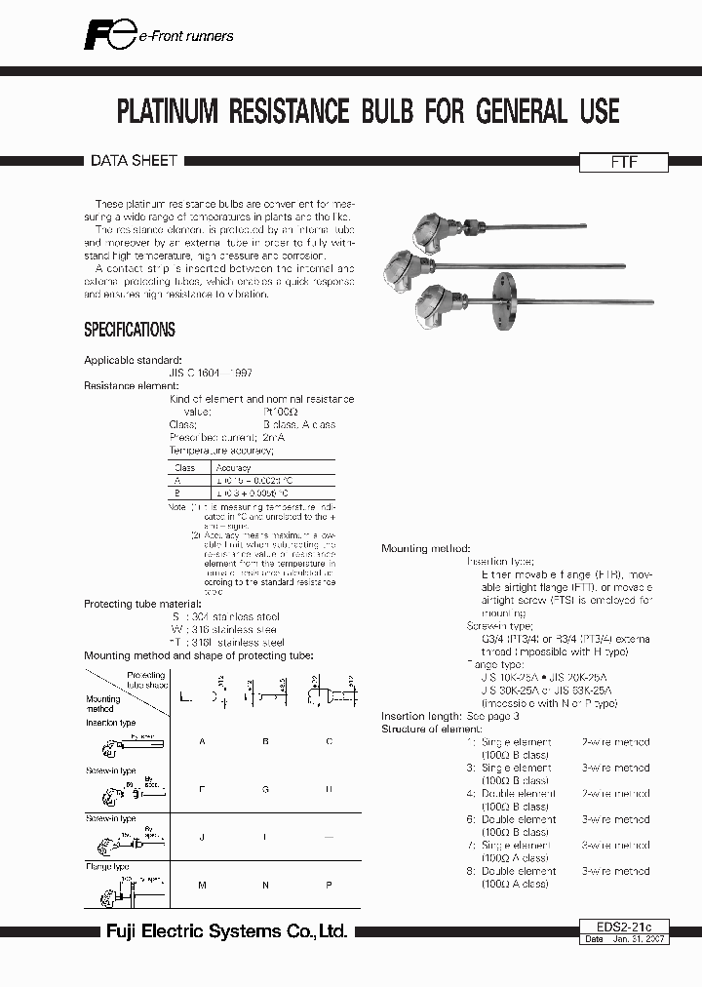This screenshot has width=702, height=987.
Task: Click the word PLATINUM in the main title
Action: (x=168, y=111)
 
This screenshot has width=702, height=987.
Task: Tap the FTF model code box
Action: (x=624, y=164)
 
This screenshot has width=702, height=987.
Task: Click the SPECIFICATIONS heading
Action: (x=130, y=330)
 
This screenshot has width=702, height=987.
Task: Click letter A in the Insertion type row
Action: (x=202, y=742)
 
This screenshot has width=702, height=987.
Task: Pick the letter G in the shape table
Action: (x=265, y=788)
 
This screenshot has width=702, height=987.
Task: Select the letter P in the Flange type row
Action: (x=329, y=884)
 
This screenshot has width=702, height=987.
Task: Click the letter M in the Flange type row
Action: (x=202, y=884)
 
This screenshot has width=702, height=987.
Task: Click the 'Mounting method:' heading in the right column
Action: (x=425, y=549)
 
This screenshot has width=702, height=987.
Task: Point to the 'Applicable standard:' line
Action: (x=133, y=360)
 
